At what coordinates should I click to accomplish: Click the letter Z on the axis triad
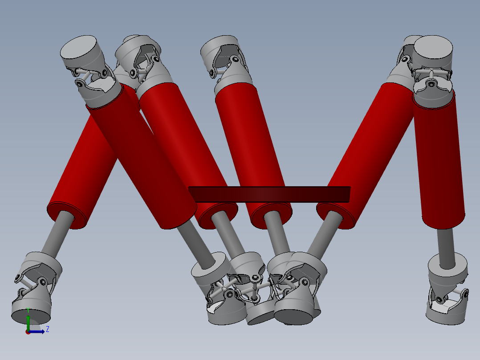coord(48,329)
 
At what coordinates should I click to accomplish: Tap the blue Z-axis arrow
coord(36,331)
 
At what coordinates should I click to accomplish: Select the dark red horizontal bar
coord(269,194)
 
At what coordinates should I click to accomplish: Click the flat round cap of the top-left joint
coord(78,48)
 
